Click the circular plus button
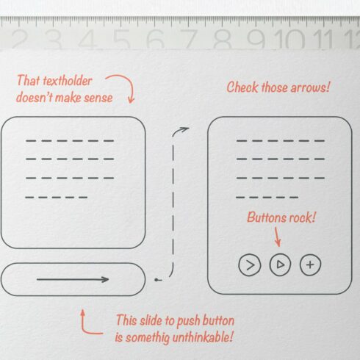click(310, 265)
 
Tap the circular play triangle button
click(280, 264)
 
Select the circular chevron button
click(250, 265)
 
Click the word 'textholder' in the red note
click(68, 81)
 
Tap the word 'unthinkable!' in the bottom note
click(203, 337)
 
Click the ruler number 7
click(189, 39)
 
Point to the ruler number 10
click(289, 39)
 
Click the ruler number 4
click(87, 39)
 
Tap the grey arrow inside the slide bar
click(73, 279)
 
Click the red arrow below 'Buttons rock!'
click(277, 237)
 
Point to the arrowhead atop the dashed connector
click(184, 129)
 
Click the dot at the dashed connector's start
click(156, 280)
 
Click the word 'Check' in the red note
click(242, 87)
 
